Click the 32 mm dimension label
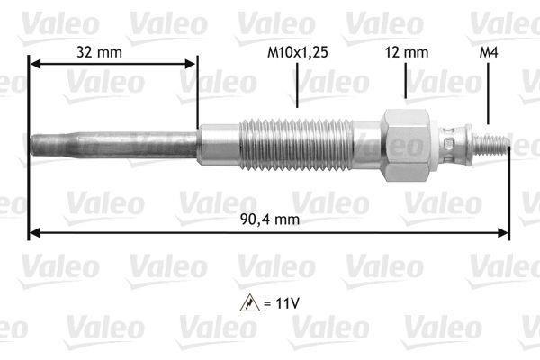tap(99, 52)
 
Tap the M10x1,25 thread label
tap(298, 52)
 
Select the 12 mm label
tap(407, 52)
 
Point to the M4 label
tap(489, 52)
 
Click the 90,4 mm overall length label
tap(270, 219)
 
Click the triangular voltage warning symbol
tap(250, 303)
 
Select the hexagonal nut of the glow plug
tap(407, 145)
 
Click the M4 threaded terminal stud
tap(491, 144)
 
